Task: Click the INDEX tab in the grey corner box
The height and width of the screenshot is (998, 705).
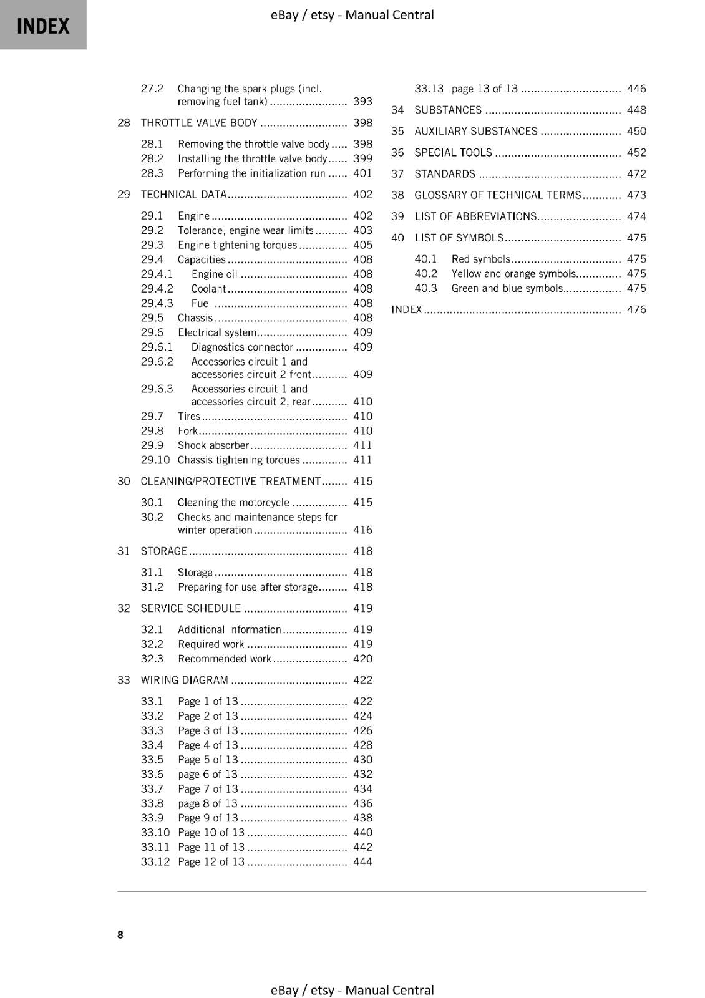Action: [43, 26]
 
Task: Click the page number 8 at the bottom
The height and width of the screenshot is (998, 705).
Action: [120, 934]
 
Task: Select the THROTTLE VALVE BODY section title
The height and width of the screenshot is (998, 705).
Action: [199, 123]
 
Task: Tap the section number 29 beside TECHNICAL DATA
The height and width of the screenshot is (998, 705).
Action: [124, 195]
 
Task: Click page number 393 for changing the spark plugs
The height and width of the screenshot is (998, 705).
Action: [362, 102]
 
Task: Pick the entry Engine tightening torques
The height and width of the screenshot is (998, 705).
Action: [237, 245]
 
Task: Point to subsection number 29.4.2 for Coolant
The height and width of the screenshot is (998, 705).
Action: [157, 289]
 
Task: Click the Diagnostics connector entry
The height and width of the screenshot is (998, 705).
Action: [242, 347]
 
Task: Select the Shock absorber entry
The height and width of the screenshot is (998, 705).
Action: [213, 445]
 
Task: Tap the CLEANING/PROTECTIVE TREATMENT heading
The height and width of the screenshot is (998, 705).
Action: [230, 482]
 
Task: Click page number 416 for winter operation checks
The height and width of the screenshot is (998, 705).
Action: [362, 530]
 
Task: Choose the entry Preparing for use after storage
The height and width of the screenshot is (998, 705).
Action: [248, 587]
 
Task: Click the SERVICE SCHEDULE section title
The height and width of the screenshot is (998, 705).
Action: [190, 608]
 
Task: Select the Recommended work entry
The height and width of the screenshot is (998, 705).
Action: [225, 659]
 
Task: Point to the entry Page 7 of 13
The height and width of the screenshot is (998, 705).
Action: [208, 789]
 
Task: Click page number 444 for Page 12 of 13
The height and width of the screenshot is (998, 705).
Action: [362, 862]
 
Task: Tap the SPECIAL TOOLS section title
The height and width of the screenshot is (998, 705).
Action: [453, 153]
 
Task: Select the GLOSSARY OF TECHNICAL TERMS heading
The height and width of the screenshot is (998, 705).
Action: [498, 195]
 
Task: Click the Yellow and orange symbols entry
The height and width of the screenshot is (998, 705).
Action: [513, 274]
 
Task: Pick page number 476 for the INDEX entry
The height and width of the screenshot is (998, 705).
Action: [636, 309]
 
